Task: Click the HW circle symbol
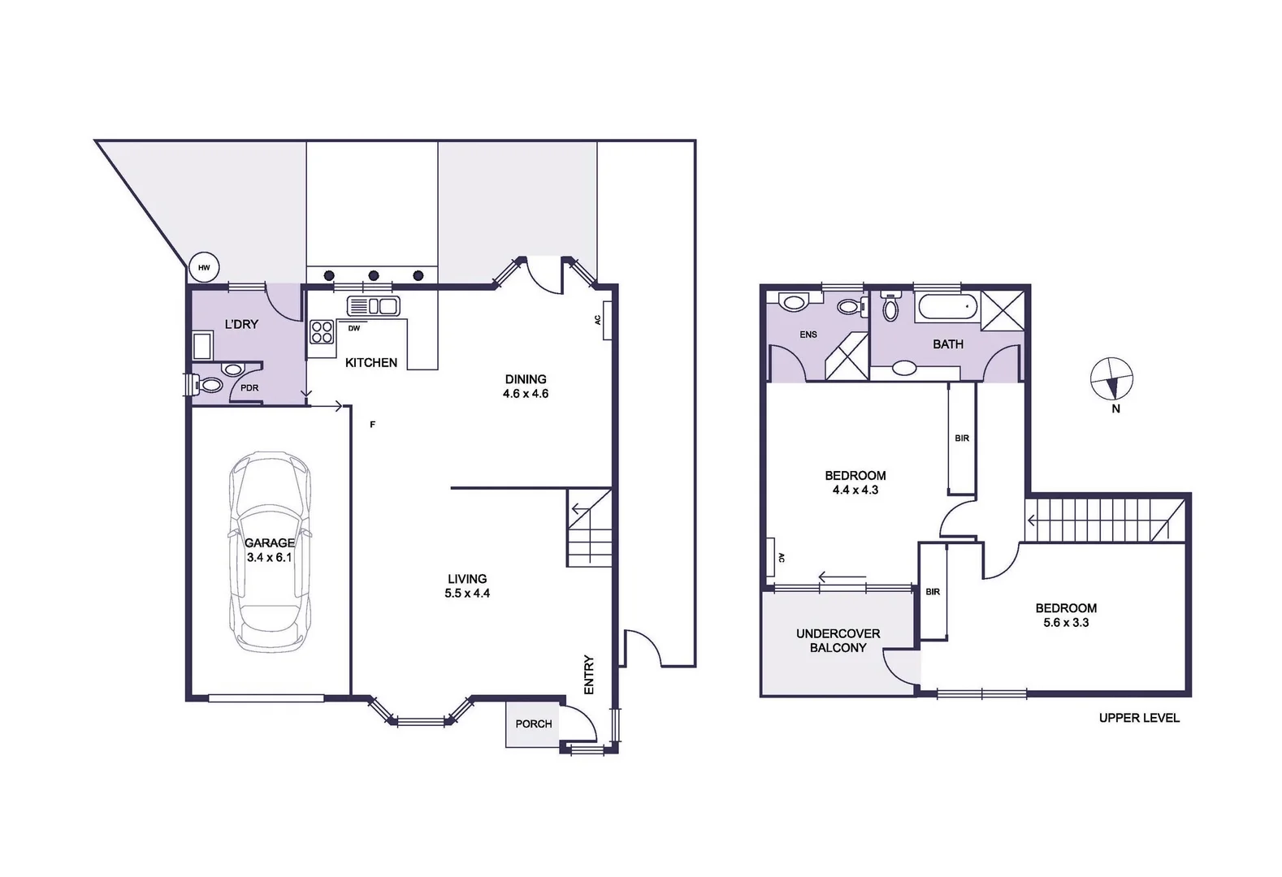[x=204, y=267]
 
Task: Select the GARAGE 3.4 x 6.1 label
[x=269, y=550]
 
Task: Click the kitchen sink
[x=373, y=306]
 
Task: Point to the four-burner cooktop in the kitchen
[x=322, y=332]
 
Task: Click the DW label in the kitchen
[x=354, y=328]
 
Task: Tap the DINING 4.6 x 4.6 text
[x=526, y=386]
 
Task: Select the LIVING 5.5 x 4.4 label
[x=467, y=585]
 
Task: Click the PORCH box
[x=534, y=724]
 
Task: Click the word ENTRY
[x=589, y=675]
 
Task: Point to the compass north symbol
[x=1111, y=379]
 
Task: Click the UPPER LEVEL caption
[x=1139, y=718]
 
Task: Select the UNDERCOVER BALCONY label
[x=838, y=640]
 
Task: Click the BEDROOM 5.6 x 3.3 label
[x=1066, y=615]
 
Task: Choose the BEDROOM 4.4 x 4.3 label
[x=855, y=482]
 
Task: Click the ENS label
[x=808, y=335]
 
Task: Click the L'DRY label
[x=241, y=324]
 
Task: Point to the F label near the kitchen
[x=373, y=424]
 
